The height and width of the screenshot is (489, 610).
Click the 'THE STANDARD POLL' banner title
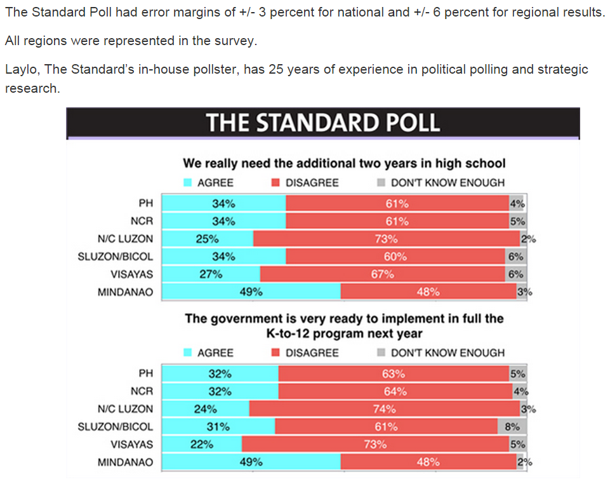point(323,123)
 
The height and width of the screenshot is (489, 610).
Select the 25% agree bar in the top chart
point(208,239)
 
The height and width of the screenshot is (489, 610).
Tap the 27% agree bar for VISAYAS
point(211,274)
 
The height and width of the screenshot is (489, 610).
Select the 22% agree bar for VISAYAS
point(202,445)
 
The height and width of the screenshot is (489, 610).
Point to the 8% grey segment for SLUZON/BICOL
point(512,427)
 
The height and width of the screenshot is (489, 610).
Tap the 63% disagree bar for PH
point(393,374)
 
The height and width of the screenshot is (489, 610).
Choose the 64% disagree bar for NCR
point(395,392)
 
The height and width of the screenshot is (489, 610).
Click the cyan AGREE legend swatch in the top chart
point(188,182)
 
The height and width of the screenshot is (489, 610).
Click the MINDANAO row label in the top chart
point(125,293)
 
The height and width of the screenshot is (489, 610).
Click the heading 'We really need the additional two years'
point(344,163)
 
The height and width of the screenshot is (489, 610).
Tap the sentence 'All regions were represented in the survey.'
point(131,41)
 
